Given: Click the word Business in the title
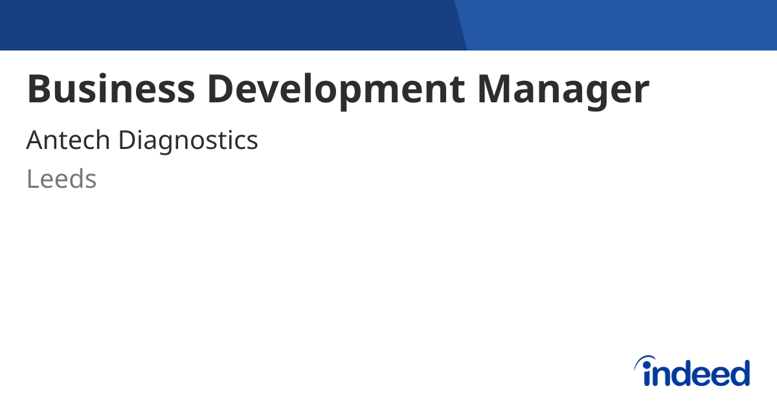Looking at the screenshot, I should point(110,89).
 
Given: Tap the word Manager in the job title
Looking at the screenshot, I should point(563,89).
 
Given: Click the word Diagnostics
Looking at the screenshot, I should point(188,141).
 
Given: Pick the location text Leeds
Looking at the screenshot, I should point(62,179).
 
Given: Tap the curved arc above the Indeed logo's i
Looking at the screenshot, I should point(645,360).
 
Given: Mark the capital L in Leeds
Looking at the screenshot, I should point(32,179).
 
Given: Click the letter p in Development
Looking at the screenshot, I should point(352,94).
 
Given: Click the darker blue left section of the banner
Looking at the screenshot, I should point(227,25).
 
